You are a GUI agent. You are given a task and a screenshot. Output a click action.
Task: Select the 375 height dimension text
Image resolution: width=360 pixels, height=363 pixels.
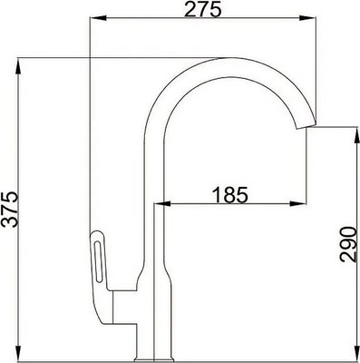tap(10, 210)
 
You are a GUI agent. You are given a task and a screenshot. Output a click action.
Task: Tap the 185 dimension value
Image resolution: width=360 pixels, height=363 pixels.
tap(229, 194)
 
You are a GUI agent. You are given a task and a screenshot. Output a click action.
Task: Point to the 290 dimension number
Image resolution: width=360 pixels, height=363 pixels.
tap(345, 243)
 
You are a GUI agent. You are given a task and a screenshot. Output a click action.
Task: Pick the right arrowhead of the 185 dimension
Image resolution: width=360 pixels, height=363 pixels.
tap(309, 204)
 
